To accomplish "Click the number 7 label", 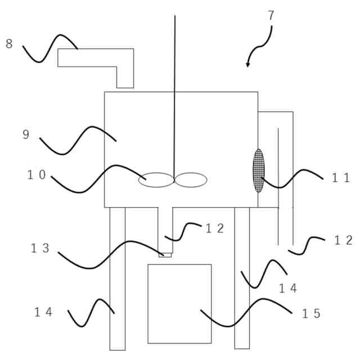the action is [271, 16].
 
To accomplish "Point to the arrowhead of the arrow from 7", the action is [247, 65].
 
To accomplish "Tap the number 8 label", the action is [9, 44].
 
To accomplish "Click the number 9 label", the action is [26, 134].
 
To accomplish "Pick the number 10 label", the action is [37, 175].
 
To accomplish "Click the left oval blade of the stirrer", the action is [156, 180].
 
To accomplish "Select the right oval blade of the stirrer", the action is [191, 180].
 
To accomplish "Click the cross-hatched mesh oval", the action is [258, 170].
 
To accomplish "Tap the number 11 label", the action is [340, 178].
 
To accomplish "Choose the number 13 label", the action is [40, 249].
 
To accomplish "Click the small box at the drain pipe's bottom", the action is [165, 255].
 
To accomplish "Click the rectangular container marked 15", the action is [179, 304].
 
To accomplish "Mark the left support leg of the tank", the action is [118, 278].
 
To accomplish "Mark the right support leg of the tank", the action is [242, 278].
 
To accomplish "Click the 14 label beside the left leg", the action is [43, 312].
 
